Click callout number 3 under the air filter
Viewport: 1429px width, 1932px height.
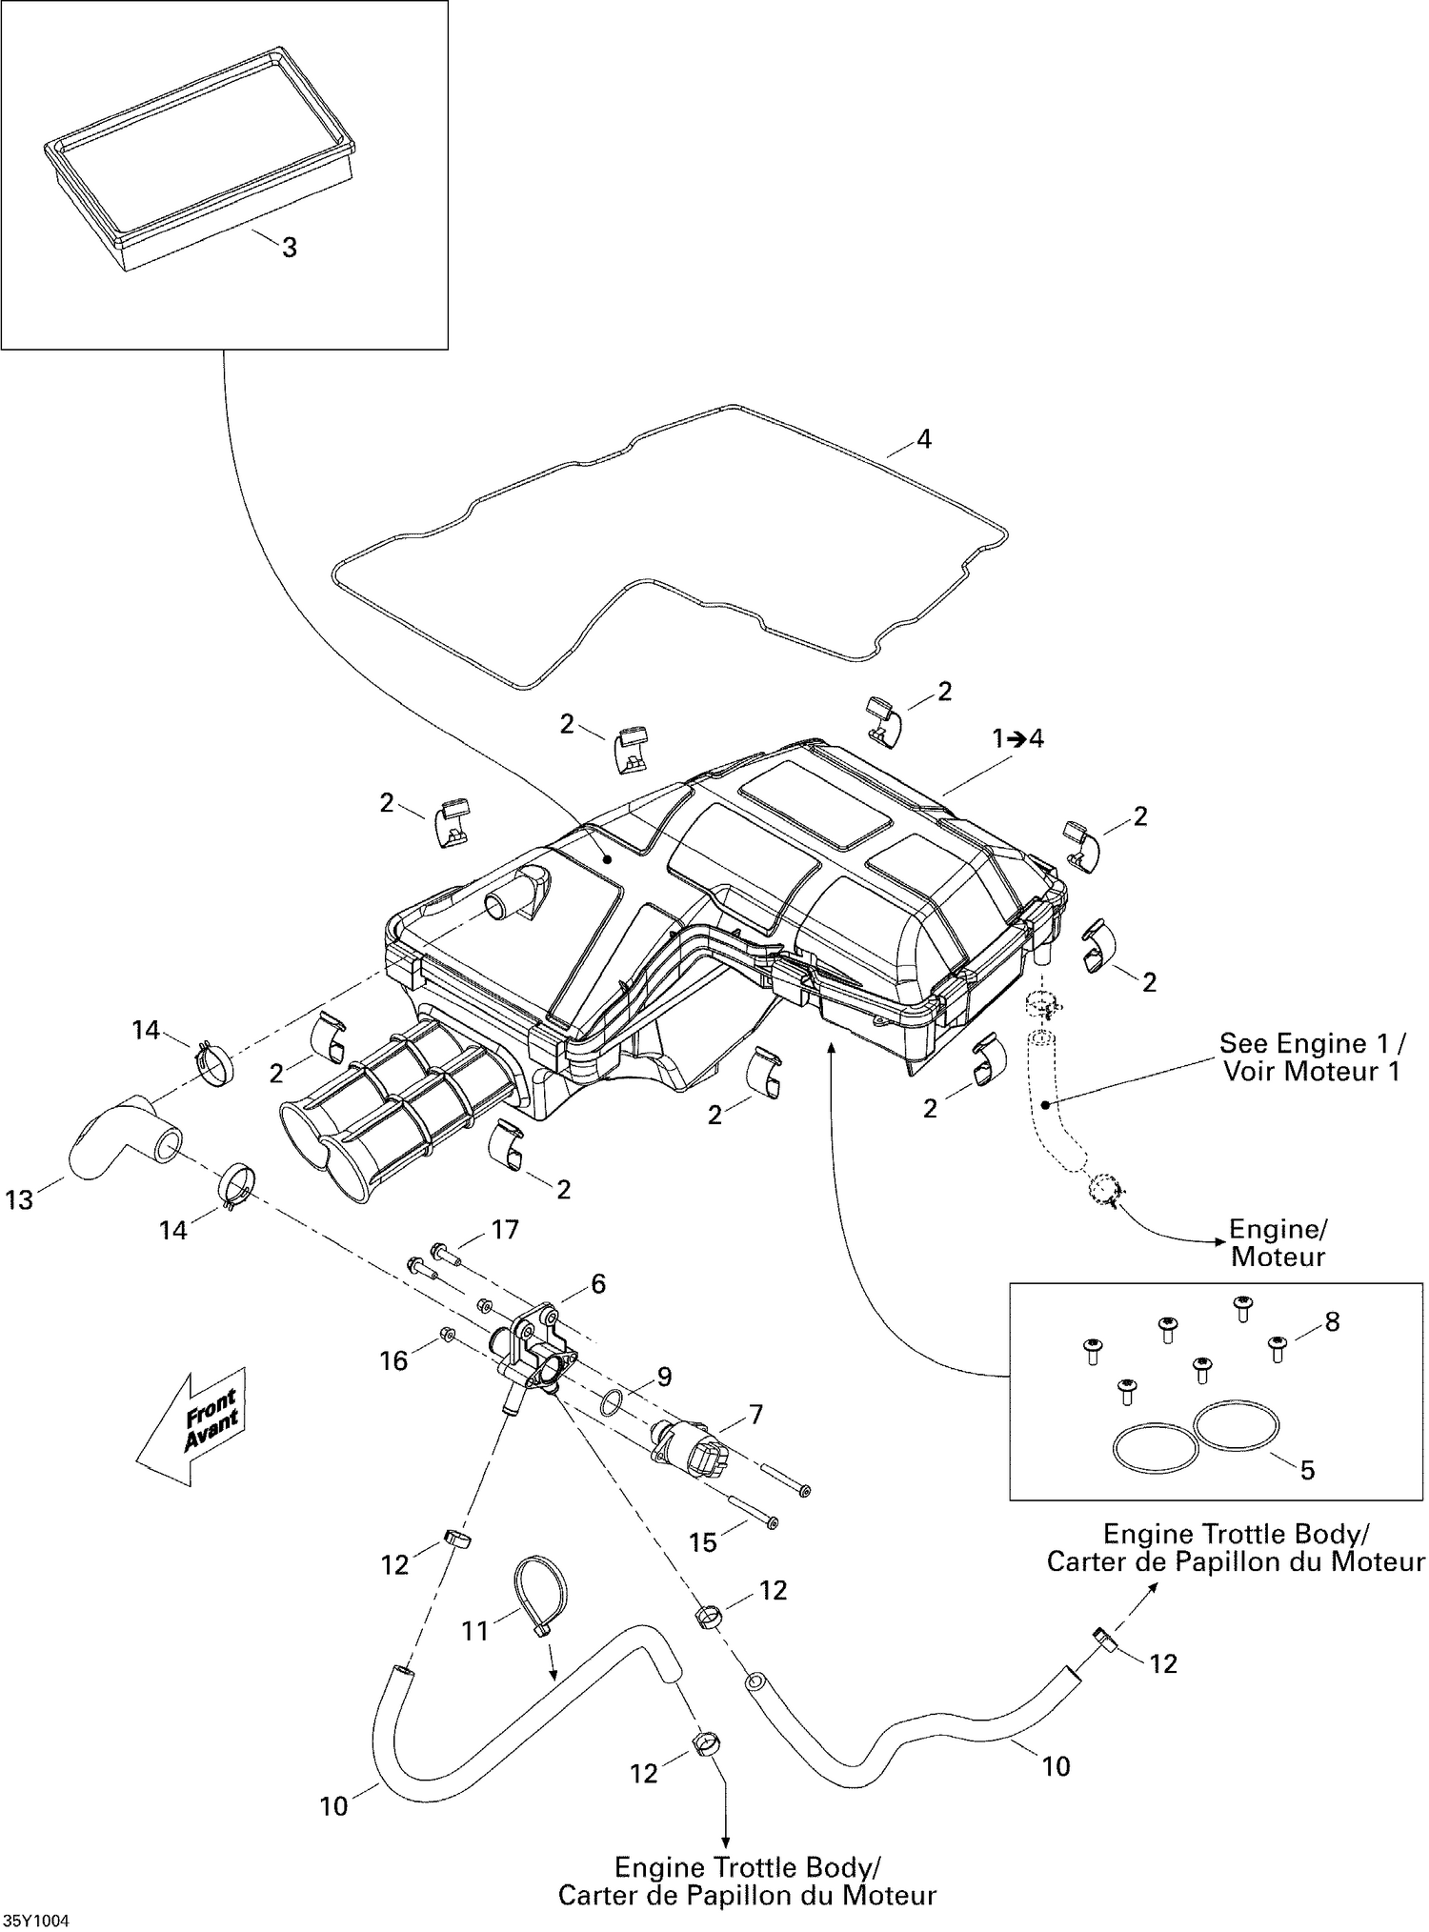pyautogui.click(x=289, y=248)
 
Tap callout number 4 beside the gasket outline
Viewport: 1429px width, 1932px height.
pyautogui.click(x=923, y=439)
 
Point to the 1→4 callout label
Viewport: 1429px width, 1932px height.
pyautogui.click(x=1017, y=738)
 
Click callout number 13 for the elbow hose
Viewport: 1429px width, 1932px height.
pyautogui.click(x=19, y=1200)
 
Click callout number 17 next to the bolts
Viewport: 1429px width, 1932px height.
pyautogui.click(x=504, y=1230)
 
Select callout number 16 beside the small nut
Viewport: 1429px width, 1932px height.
pyautogui.click(x=394, y=1360)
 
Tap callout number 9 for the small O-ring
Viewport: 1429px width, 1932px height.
pyautogui.click(x=664, y=1377)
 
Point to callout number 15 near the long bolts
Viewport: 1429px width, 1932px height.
pyautogui.click(x=703, y=1541)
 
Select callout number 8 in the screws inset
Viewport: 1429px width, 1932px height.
pyautogui.click(x=1332, y=1321)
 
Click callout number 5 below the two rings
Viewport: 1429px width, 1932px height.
pyautogui.click(x=1307, y=1470)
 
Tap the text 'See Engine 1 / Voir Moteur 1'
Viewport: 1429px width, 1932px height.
pyautogui.click(x=1311, y=1057)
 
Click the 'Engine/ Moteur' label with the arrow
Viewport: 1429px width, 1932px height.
pyautogui.click(x=1278, y=1242)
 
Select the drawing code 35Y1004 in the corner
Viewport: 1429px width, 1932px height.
pyautogui.click(x=36, y=1921)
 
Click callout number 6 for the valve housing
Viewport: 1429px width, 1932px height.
pyautogui.click(x=597, y=1283)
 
